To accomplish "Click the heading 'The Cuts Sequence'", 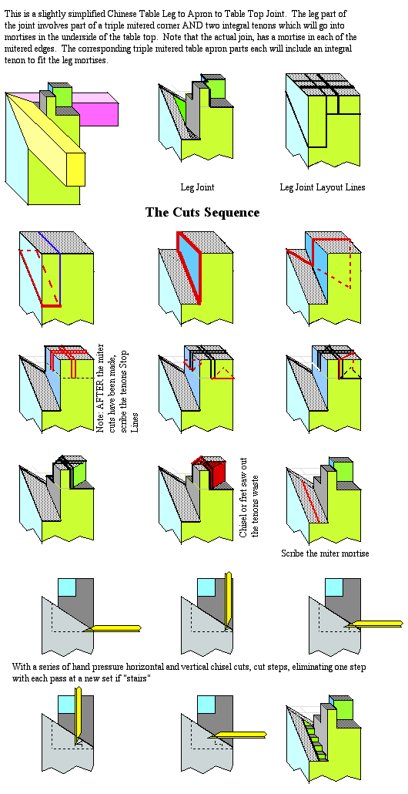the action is point(202,212).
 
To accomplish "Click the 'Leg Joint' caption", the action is point(197,187).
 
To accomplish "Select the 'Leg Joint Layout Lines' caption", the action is point(323,187).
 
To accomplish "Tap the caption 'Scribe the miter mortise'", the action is point(325,553).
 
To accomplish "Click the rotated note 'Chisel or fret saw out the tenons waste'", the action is point(249,506).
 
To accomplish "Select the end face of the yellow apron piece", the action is point(76,170).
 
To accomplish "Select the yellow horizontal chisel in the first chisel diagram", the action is point(114,628).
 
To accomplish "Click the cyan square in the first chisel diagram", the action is point(67,587).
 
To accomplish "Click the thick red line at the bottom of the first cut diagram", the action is point(51,305).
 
